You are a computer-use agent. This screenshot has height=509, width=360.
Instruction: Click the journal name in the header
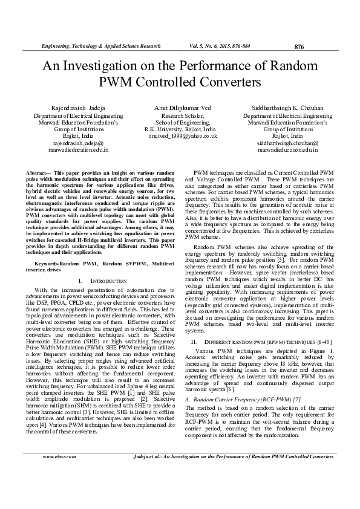pos(100,46)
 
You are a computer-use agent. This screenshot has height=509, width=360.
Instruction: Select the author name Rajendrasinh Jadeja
pos(72,105)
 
